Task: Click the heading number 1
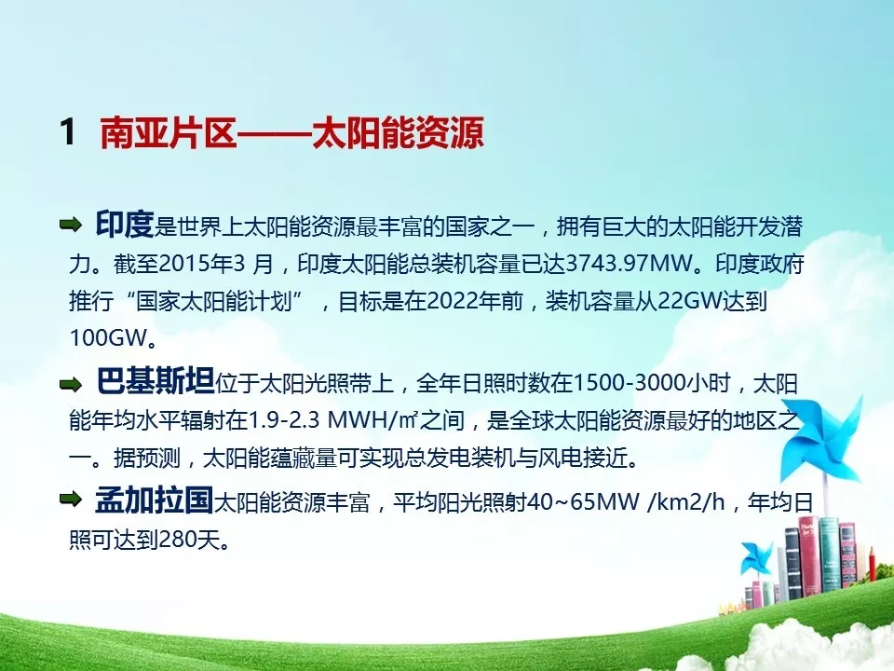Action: click(68, 131)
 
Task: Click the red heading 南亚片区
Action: click(168, 132)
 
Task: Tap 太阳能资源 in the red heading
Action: click(399, 132)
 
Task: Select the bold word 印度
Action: click(125, 224)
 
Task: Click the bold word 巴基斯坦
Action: click(156, 380)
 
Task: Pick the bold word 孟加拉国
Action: click(154, 500)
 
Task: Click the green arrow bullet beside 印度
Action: click(71, 225)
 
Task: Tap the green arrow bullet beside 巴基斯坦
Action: click(71, 384)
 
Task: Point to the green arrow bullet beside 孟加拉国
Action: click(71, 500)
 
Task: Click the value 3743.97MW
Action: click(630, 264)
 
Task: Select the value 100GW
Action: click(108, 337)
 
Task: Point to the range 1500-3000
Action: click(629, 383)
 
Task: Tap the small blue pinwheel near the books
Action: click(756, 558)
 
